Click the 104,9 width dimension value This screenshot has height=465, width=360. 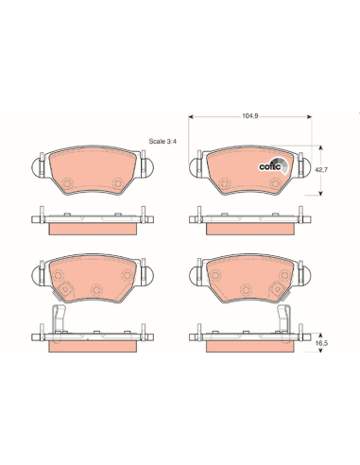[250, 116]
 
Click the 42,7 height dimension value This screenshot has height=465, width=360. [321, 169]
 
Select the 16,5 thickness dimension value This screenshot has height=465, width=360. [322, 343]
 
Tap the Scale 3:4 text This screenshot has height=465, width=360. [163, 142]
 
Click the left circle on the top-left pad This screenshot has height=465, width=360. [67, 183]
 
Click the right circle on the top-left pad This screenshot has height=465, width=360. [118, 183]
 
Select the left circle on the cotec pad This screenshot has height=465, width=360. [224, 183]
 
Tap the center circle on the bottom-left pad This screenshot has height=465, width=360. [96, 289]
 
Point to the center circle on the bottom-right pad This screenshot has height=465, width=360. [246, 289]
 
